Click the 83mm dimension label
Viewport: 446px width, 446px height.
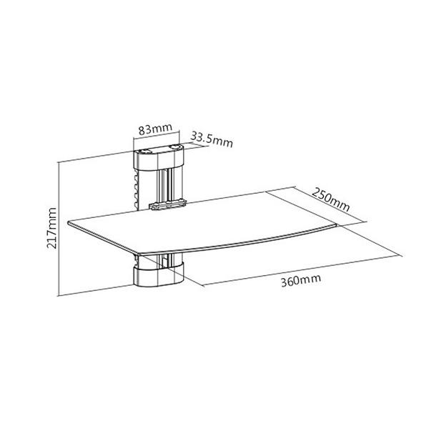pyautogui.click(x=155, y=129)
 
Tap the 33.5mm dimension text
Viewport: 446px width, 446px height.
pyautogui.click(x=212, y=139)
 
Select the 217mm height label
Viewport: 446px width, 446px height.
pyautogui.click(x=51, y=228)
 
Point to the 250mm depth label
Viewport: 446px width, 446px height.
pyautogui.click(x=331, y=199)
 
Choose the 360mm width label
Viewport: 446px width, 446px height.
pyautogui.click(x=301, y=280)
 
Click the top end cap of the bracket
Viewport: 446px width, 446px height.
pyautogui.click(x=159, y=158)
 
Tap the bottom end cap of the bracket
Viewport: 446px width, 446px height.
pyautogui.click(x=159, y=275)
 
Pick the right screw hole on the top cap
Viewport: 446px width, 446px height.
pyautogui.click(x=175, y=147)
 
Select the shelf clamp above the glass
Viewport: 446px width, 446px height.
pyautogui.click(x=168, y=204)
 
